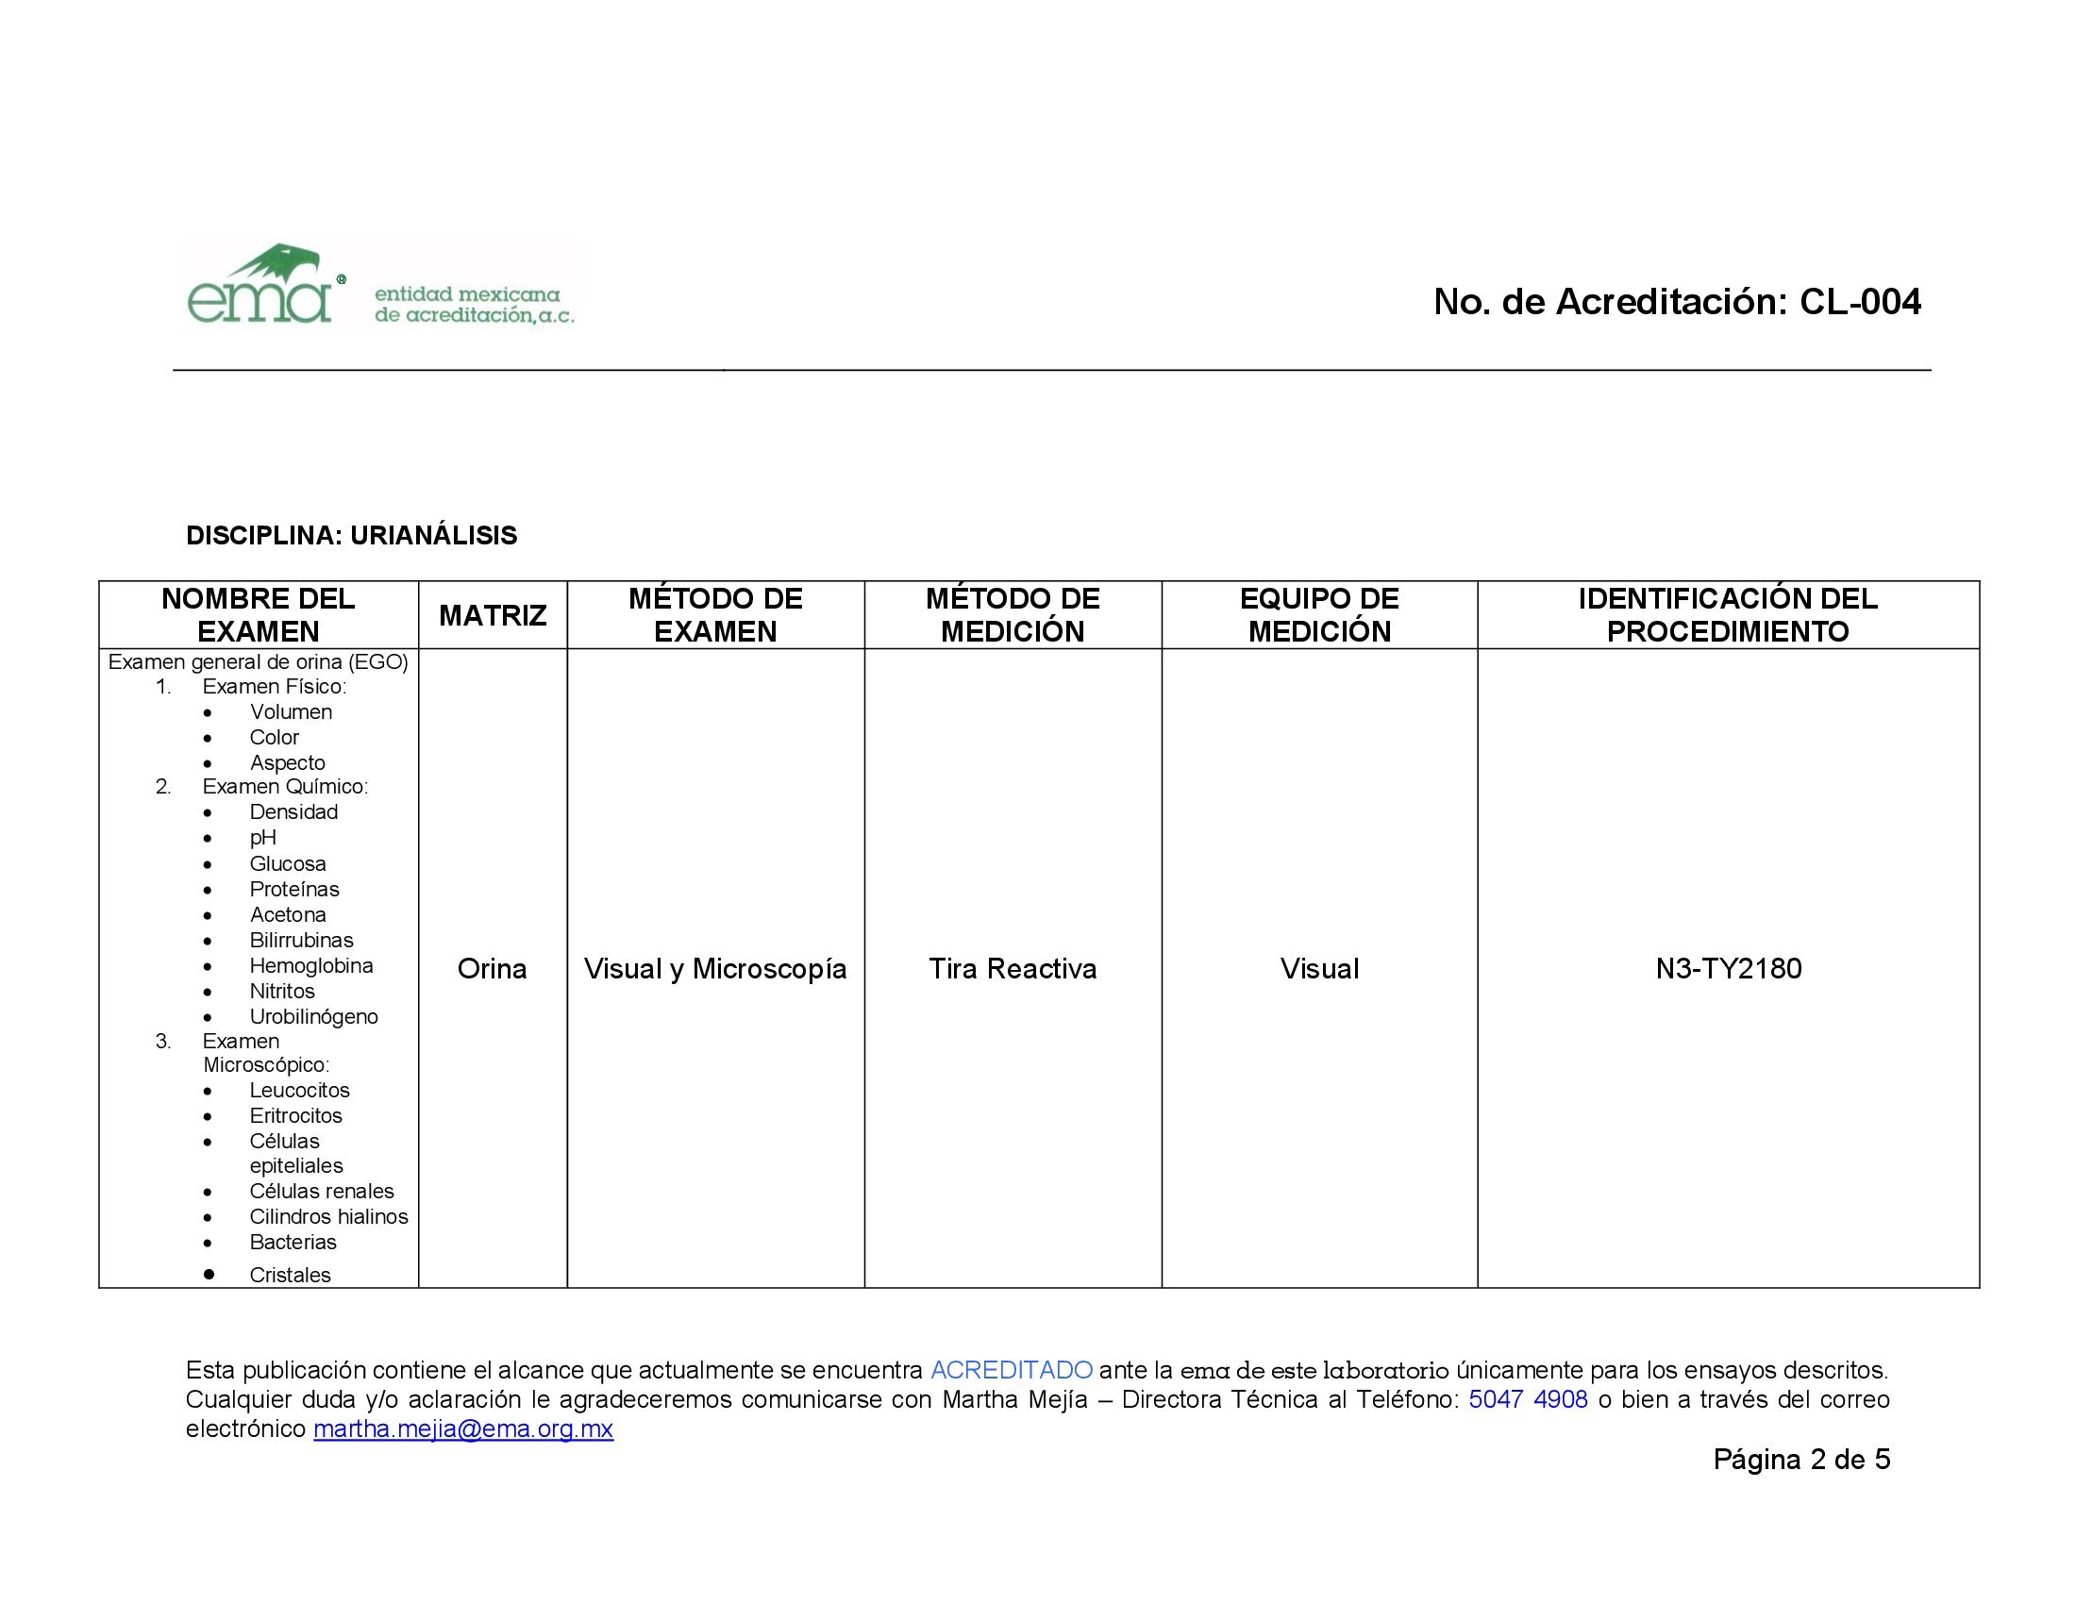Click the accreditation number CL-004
pyautogui.click(x=1859, y=302)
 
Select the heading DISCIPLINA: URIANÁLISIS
pyautogui.click(x=352, y=536)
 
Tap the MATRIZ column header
pyautogui.click(x=493, y=616)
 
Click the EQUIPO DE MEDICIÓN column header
pyautogui.click(x=1318, y=615)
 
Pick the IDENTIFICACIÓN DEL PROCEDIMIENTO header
pyautogui.click(x=1727, y=615)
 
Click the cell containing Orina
pyautogui.click(x=492, y=968)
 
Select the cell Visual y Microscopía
pyautogui.click(x=715, y=968)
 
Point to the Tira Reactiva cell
pyautogui.click(x=1013, y=968)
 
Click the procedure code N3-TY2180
pyautogui.click(x=1728, y=968)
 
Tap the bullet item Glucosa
pyautogui.click(x=287, y=863)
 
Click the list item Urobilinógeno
pyautogui.click(x=313, y=1017)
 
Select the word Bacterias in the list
pyautogui.click(x=293, y=1242)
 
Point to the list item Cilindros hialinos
pyautogui.click(x=329, y=1216)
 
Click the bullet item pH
pyautogui.click(x=263, y=837)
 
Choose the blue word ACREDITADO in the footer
pyautogui.click(x=1011, y=1370)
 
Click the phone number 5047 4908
pyautogui.click(x=1528, y=1398)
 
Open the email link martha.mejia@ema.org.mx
pyautogui.click(x=463, y=1429)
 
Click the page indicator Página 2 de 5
pyautogui.click(x=1801, y=1460)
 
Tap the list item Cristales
pyautogui.click(x=290, y=1276)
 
